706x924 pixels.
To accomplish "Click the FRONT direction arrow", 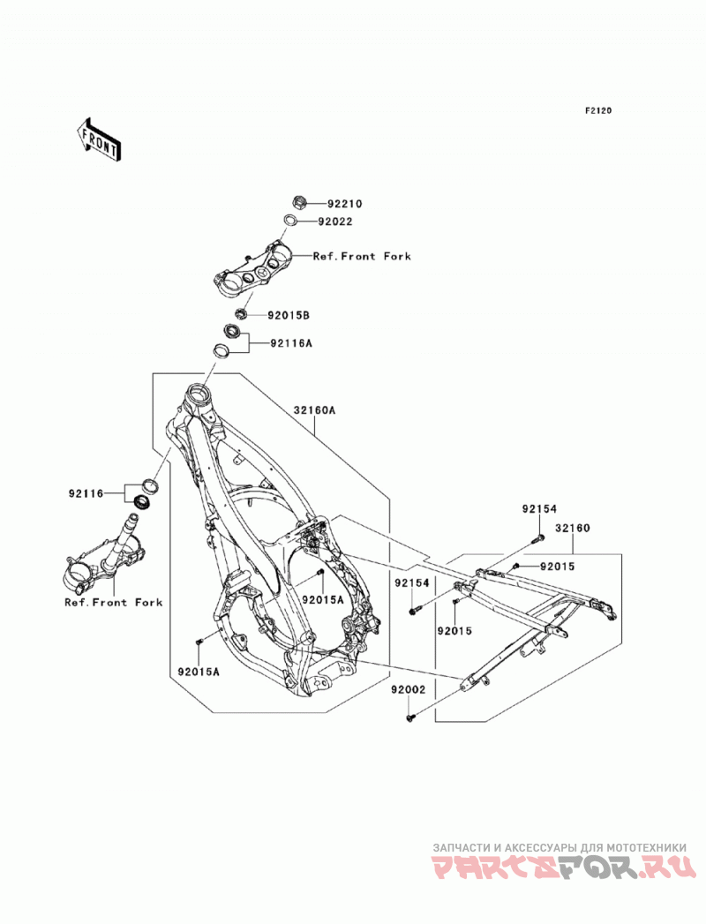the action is [99, 139].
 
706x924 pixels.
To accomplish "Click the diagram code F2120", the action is [598, 110].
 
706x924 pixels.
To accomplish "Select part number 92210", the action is [345, 204].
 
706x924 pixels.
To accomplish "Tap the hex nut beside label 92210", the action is [299, 203].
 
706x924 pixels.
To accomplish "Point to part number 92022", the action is [335, 222].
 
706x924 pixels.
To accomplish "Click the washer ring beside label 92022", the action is [290, 221].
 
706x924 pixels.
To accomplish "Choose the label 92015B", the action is [289, 315].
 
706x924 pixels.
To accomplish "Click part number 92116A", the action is [291, 342].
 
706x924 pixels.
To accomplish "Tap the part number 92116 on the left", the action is [86, 493].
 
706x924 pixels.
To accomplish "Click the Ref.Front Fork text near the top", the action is [362, 256].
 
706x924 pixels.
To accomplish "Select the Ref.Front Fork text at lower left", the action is [113, 602].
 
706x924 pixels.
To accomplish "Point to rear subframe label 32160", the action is [572, 528].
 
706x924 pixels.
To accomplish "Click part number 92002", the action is [407, 689].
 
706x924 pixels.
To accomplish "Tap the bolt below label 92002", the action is [410, 717].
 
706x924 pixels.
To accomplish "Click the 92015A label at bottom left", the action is [198, 672].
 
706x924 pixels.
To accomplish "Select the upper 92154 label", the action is [538, 508].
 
